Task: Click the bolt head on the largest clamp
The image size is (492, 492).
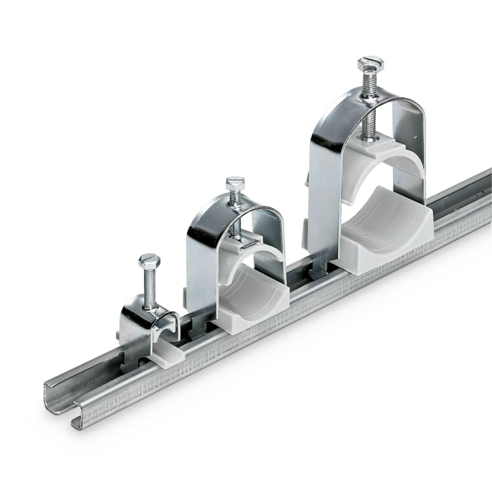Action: coord(370,65)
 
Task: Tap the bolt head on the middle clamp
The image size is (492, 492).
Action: coord(235,183)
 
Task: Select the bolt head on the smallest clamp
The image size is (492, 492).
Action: coord(149,261)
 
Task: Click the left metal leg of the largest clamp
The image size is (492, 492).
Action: coord(320,190)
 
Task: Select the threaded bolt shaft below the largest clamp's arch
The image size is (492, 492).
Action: coord(369,127)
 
